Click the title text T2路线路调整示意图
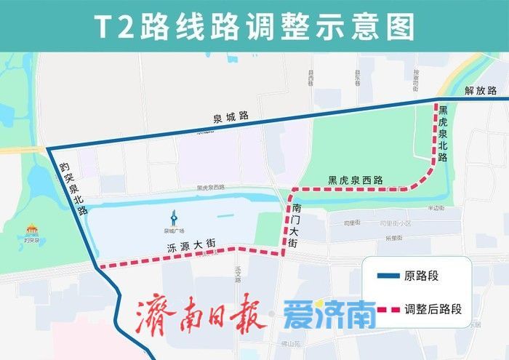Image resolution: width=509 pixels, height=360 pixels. [254, 26]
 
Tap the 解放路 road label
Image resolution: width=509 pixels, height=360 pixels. [481, 91]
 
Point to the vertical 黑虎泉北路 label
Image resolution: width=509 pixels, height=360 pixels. [443, 133]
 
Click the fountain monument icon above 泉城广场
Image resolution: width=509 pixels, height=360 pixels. [173, 217]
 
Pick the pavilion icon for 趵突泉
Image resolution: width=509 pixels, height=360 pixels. [31, 231]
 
